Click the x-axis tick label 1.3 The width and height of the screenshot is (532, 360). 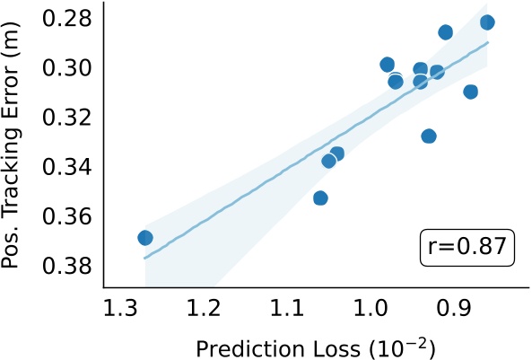119,309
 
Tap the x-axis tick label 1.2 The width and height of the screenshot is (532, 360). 204,309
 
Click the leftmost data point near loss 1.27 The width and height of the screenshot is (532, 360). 145,238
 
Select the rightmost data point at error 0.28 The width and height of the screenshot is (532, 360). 487,22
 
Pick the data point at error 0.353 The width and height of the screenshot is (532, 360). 320,198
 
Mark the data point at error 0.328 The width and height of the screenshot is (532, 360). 429,136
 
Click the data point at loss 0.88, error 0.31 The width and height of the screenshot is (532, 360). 471,92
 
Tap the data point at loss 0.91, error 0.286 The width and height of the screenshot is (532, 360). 446,32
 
